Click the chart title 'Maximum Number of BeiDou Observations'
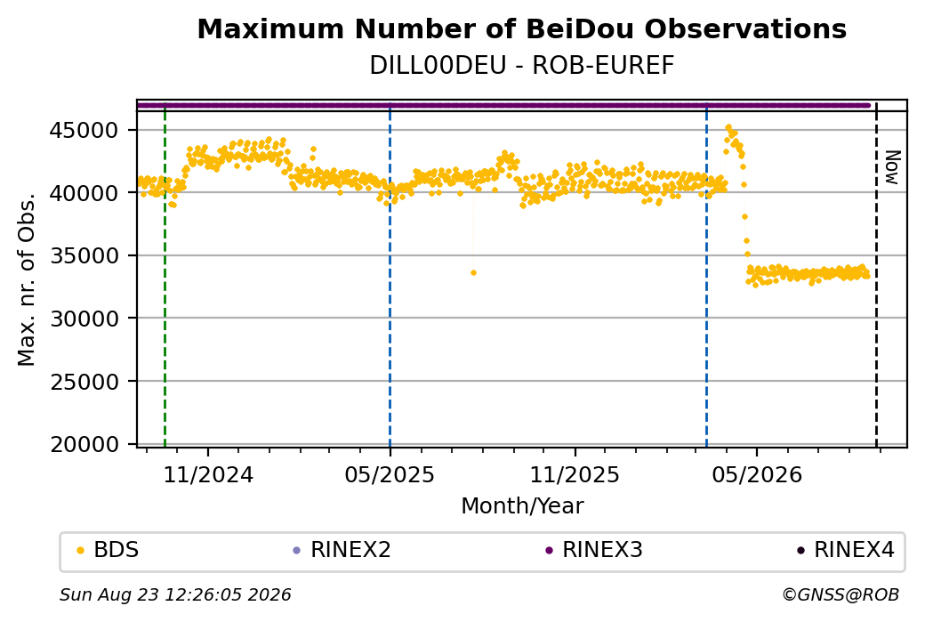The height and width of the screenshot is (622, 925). click(x=521, y=28)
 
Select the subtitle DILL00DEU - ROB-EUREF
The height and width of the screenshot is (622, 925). click(x=521, y=66)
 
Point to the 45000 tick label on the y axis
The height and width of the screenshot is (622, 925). click(x=84, y=131)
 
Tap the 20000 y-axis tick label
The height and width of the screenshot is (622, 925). click(x=84, y=444)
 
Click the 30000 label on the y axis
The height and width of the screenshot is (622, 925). click(x=84, y=319)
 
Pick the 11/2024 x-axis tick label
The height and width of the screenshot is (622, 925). click(x=207, y=475)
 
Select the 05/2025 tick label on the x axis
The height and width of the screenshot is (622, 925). click(x=390, y=475)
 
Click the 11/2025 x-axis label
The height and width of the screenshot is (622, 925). click(x=575, y=475)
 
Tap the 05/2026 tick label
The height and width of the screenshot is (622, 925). click(x=758, y=475)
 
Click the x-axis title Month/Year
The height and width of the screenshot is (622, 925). click(x=522, y=506)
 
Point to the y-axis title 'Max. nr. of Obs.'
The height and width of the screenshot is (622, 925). click(x=27, y=279)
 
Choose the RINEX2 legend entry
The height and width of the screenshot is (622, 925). click(x=342, y=550)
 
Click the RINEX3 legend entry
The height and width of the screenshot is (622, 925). click(x=594, y=550)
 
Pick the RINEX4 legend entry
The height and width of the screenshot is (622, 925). click(x=846, y=550)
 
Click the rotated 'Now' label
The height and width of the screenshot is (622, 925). click(x=893, y=167)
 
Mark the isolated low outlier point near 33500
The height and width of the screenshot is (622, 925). click(x=473, y=272)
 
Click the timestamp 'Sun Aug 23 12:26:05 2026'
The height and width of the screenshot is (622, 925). click(x=175, y=594)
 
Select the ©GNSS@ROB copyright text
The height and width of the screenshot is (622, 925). click(x=841, y=594)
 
